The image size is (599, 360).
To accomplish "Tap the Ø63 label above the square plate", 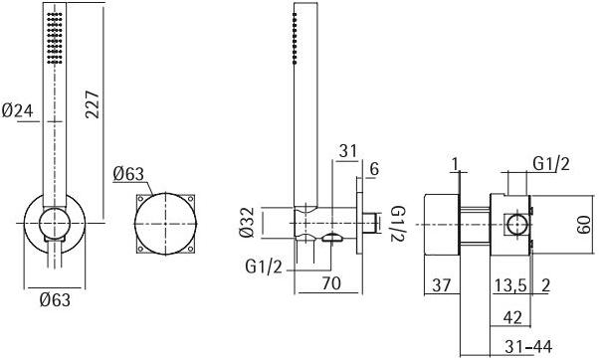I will pyautogui.click(x=129, y=174).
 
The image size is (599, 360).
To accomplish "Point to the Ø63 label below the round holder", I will pyautogui.click(x=49, y=297).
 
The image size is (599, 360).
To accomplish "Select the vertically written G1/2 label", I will pyautogui.click(x=395, y=225).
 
